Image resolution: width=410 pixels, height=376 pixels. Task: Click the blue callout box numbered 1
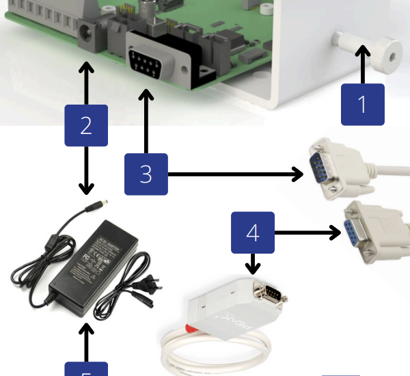[x=362, y=105]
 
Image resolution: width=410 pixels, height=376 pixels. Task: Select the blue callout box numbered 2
[x=86, y=126]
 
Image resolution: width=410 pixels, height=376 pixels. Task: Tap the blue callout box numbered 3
[x=146, y=174]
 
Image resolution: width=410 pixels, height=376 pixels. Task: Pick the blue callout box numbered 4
[x=253, y=233]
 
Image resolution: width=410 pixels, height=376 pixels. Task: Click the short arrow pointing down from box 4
[x=254, y=264]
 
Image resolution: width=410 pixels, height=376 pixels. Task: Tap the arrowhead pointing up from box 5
[x=86, y=330]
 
